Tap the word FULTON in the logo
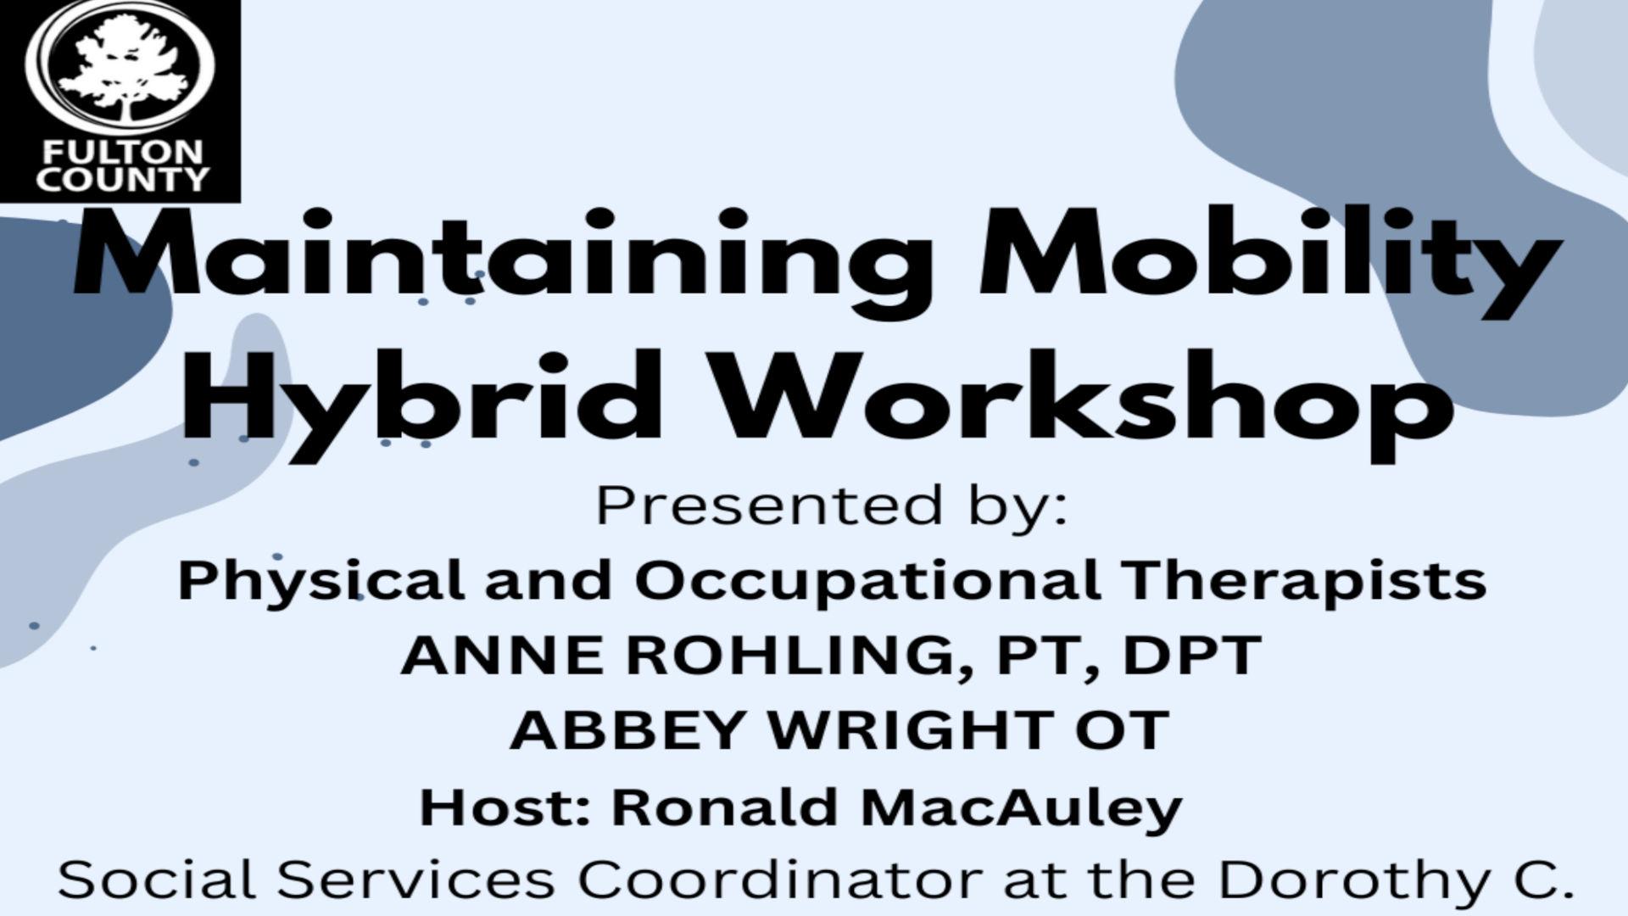pyautogui.click(x=124, y=153)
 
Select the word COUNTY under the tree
pyautogui.click(x=123, y=179)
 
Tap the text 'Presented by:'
pyautogui.click(x=832, y=506)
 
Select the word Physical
pyautogui.click(x=321, y=582)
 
